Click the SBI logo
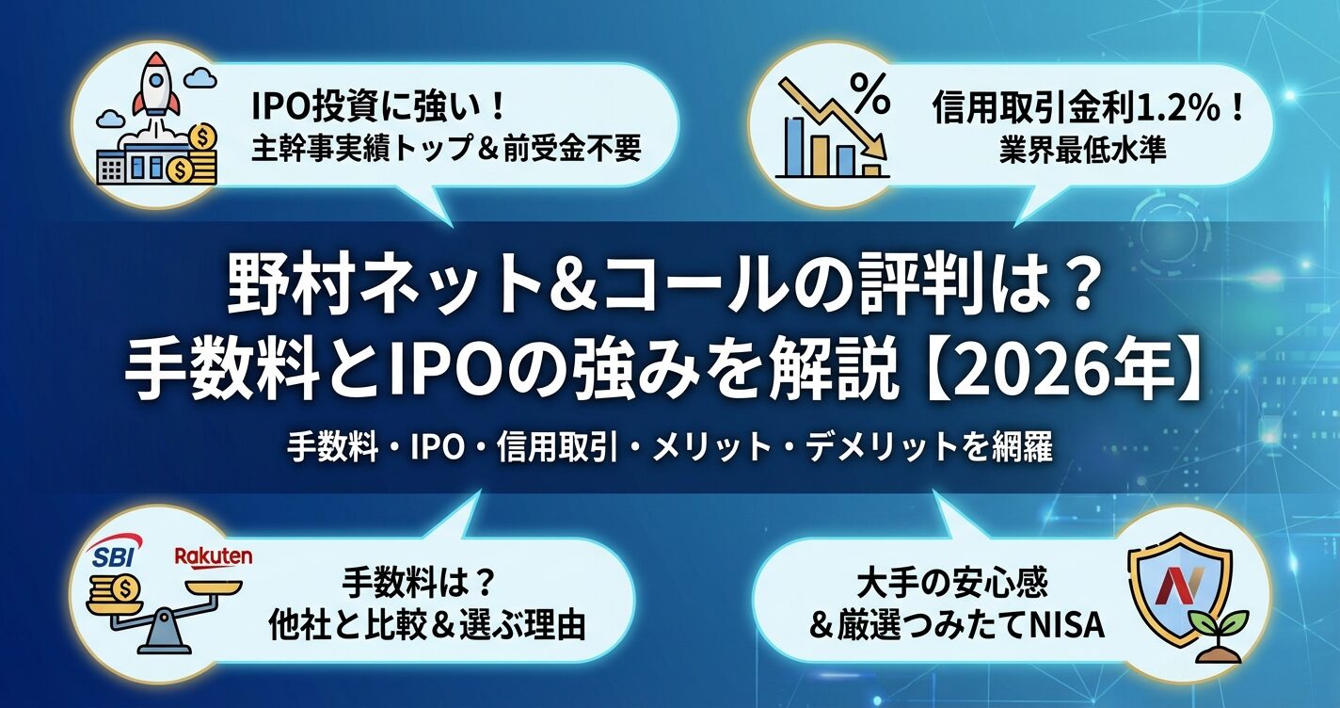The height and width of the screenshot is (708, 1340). pos(114,554)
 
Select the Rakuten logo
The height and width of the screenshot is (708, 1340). pos(213,556)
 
